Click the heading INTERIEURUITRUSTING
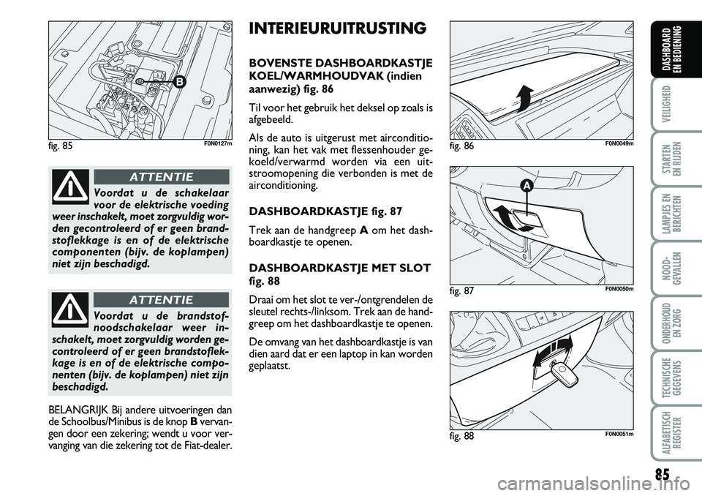coord(337,29)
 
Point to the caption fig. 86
coord(464,145)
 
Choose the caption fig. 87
coord(464,290)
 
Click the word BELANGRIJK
coord(72,410)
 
